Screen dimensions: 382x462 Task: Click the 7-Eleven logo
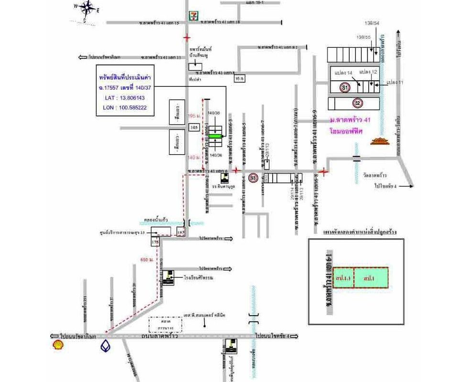click(194, 15)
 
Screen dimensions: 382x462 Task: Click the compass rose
click(87, 9)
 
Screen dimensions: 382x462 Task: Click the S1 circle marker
click(345, 87)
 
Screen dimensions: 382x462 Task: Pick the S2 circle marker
click(357, 102)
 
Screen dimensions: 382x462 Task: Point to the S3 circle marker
click(253, 178)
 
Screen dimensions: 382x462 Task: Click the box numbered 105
click(194, 127)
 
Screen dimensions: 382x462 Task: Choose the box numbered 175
click(155, 243)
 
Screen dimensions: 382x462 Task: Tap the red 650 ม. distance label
click(146, 259)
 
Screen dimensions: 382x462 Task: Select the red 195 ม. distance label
click(194, 116)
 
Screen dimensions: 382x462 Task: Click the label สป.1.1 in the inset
click(343, 277)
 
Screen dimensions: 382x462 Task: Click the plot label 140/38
click(214, 113)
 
